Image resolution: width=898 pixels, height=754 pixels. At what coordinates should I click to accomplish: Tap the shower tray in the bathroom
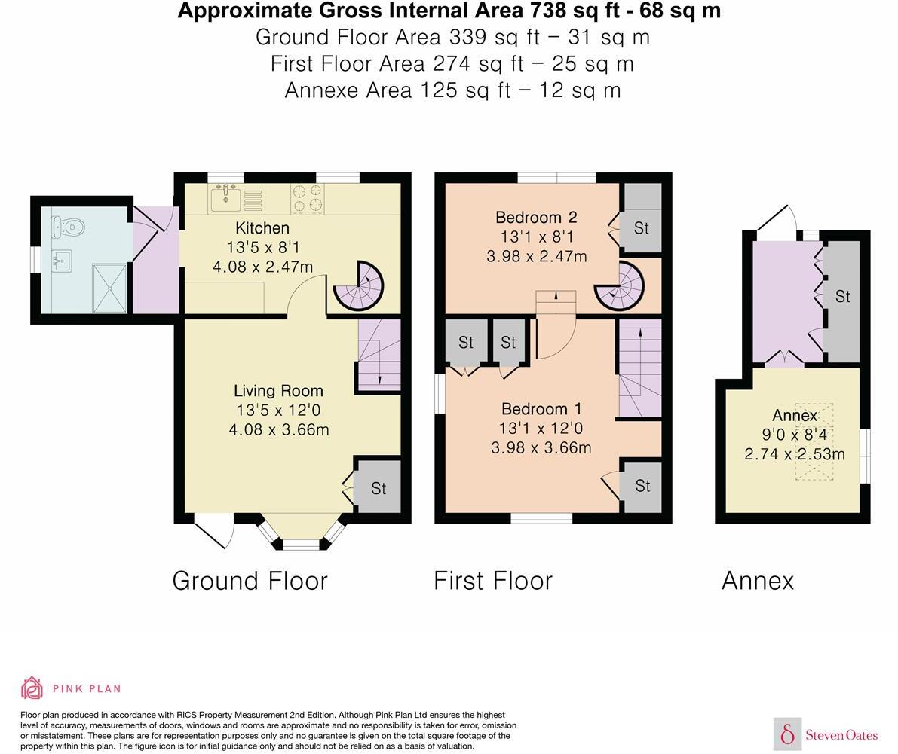click(x=110, y=287)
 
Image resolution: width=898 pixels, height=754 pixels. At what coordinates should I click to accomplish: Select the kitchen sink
click(x=225, y=200)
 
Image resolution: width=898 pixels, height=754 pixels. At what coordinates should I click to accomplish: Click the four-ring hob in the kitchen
click(x=308, y=198)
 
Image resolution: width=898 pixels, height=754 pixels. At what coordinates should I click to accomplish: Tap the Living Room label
click(x=278, y=391)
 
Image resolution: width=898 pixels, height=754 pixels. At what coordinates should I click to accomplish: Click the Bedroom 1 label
click(x=541, y=409)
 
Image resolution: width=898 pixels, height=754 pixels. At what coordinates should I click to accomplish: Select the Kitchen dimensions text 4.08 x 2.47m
click(x=262, y=267)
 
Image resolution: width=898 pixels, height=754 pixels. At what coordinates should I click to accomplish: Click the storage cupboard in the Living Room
click(x=378, y=487)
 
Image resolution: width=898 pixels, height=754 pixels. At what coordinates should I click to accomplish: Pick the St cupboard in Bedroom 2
click(x=641, y=227)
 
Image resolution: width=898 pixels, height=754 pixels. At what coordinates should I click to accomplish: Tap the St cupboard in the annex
click(x=841, y=297)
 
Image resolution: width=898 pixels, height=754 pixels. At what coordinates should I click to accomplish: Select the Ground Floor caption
click(x=250, y=581)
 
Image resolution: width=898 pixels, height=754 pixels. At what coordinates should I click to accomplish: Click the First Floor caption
click(x=493, y=581)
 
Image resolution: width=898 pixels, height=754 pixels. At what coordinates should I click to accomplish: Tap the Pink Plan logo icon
click(x=32, y=688)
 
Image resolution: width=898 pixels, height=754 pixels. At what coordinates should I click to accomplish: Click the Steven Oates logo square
click(x=787, y=734)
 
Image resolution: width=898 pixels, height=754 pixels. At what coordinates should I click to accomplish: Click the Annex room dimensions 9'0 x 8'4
click(x=794, y=435)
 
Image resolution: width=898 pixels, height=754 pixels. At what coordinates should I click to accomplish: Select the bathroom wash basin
click(x=62, y=261)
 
